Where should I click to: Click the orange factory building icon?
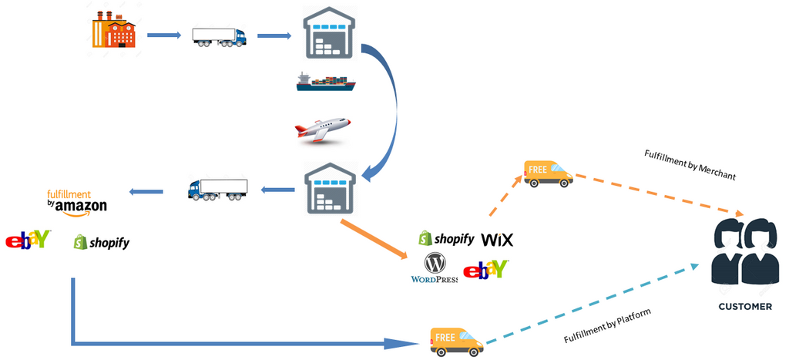(114, 32)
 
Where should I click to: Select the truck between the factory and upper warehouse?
(219, 36)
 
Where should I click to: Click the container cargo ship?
(325, 82)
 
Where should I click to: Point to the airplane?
(322, 130)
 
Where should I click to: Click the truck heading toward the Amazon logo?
(218, 189)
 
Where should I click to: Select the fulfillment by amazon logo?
(76, 201)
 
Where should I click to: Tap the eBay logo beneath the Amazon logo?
(28, 241)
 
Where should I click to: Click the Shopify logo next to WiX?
(446, 239)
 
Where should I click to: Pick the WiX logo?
(497, 240)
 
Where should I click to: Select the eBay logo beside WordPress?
(486, 269)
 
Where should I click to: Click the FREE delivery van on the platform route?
(457, 341)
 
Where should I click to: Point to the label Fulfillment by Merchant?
(690, 164)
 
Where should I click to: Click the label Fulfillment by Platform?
(607, 325)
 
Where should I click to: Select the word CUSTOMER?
(744, 306)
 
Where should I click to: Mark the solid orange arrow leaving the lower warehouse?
(374, 239)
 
